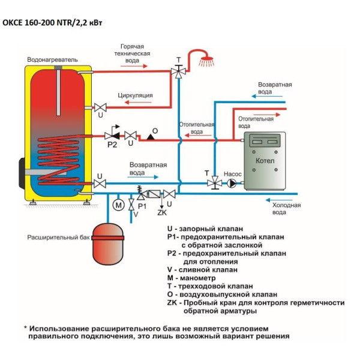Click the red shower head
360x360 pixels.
pyautogui.click(x=206, y=61)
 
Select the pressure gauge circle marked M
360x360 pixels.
pyautogui.click(x=118, y=205)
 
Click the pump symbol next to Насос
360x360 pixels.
pyautogui.click(x=232, y=184)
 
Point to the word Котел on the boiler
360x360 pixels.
pyautogui.click(x=265, y=161)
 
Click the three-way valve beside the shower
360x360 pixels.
pyautogui.click(x=178, y=71)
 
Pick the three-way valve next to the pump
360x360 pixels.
pyautogui.click(x=215, y=183)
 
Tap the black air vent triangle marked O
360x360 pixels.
pyautogui.click(x=151, y=137)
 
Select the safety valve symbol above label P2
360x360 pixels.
pyautogui.click(x=113, y=133)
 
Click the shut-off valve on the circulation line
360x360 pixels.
pyautogui.click(x=100, y=107)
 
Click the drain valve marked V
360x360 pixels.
pyautogui.click(x=131, y=205)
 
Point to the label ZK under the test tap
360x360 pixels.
pyautogui.click(x=162, y=213)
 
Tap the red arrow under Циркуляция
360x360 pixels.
pyautogui.click(x=138, y=103)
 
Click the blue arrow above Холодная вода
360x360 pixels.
pyautogui.click(x=279, y=200)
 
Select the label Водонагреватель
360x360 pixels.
pyautogui.click(x=52, y=59)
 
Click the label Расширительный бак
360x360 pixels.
pyautogui.click(x=58, y=237)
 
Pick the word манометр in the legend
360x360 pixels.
pyautogui.click(x=197, y=278)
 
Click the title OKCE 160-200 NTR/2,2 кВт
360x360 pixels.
pyautogui.click(x=52, y=23)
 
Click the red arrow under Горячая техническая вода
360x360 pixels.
pyautogui.click(x=134, y=66)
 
